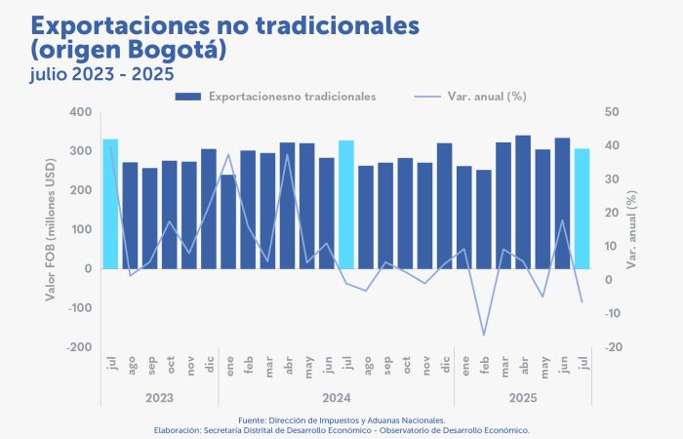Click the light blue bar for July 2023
tap(110, 203)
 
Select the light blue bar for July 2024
tap(346, 204)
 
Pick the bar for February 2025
tap(484, 219)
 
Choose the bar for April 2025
tap(523, 202)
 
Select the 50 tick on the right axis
tap(614, 112)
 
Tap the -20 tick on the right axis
tap(615, 347)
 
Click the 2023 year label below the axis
tap(159, 398)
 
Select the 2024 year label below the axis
tap(336, 398)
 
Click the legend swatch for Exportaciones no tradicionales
tap(188, 97)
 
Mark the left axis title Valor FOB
tap(50, 230)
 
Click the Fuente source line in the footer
tap(341, 419)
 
